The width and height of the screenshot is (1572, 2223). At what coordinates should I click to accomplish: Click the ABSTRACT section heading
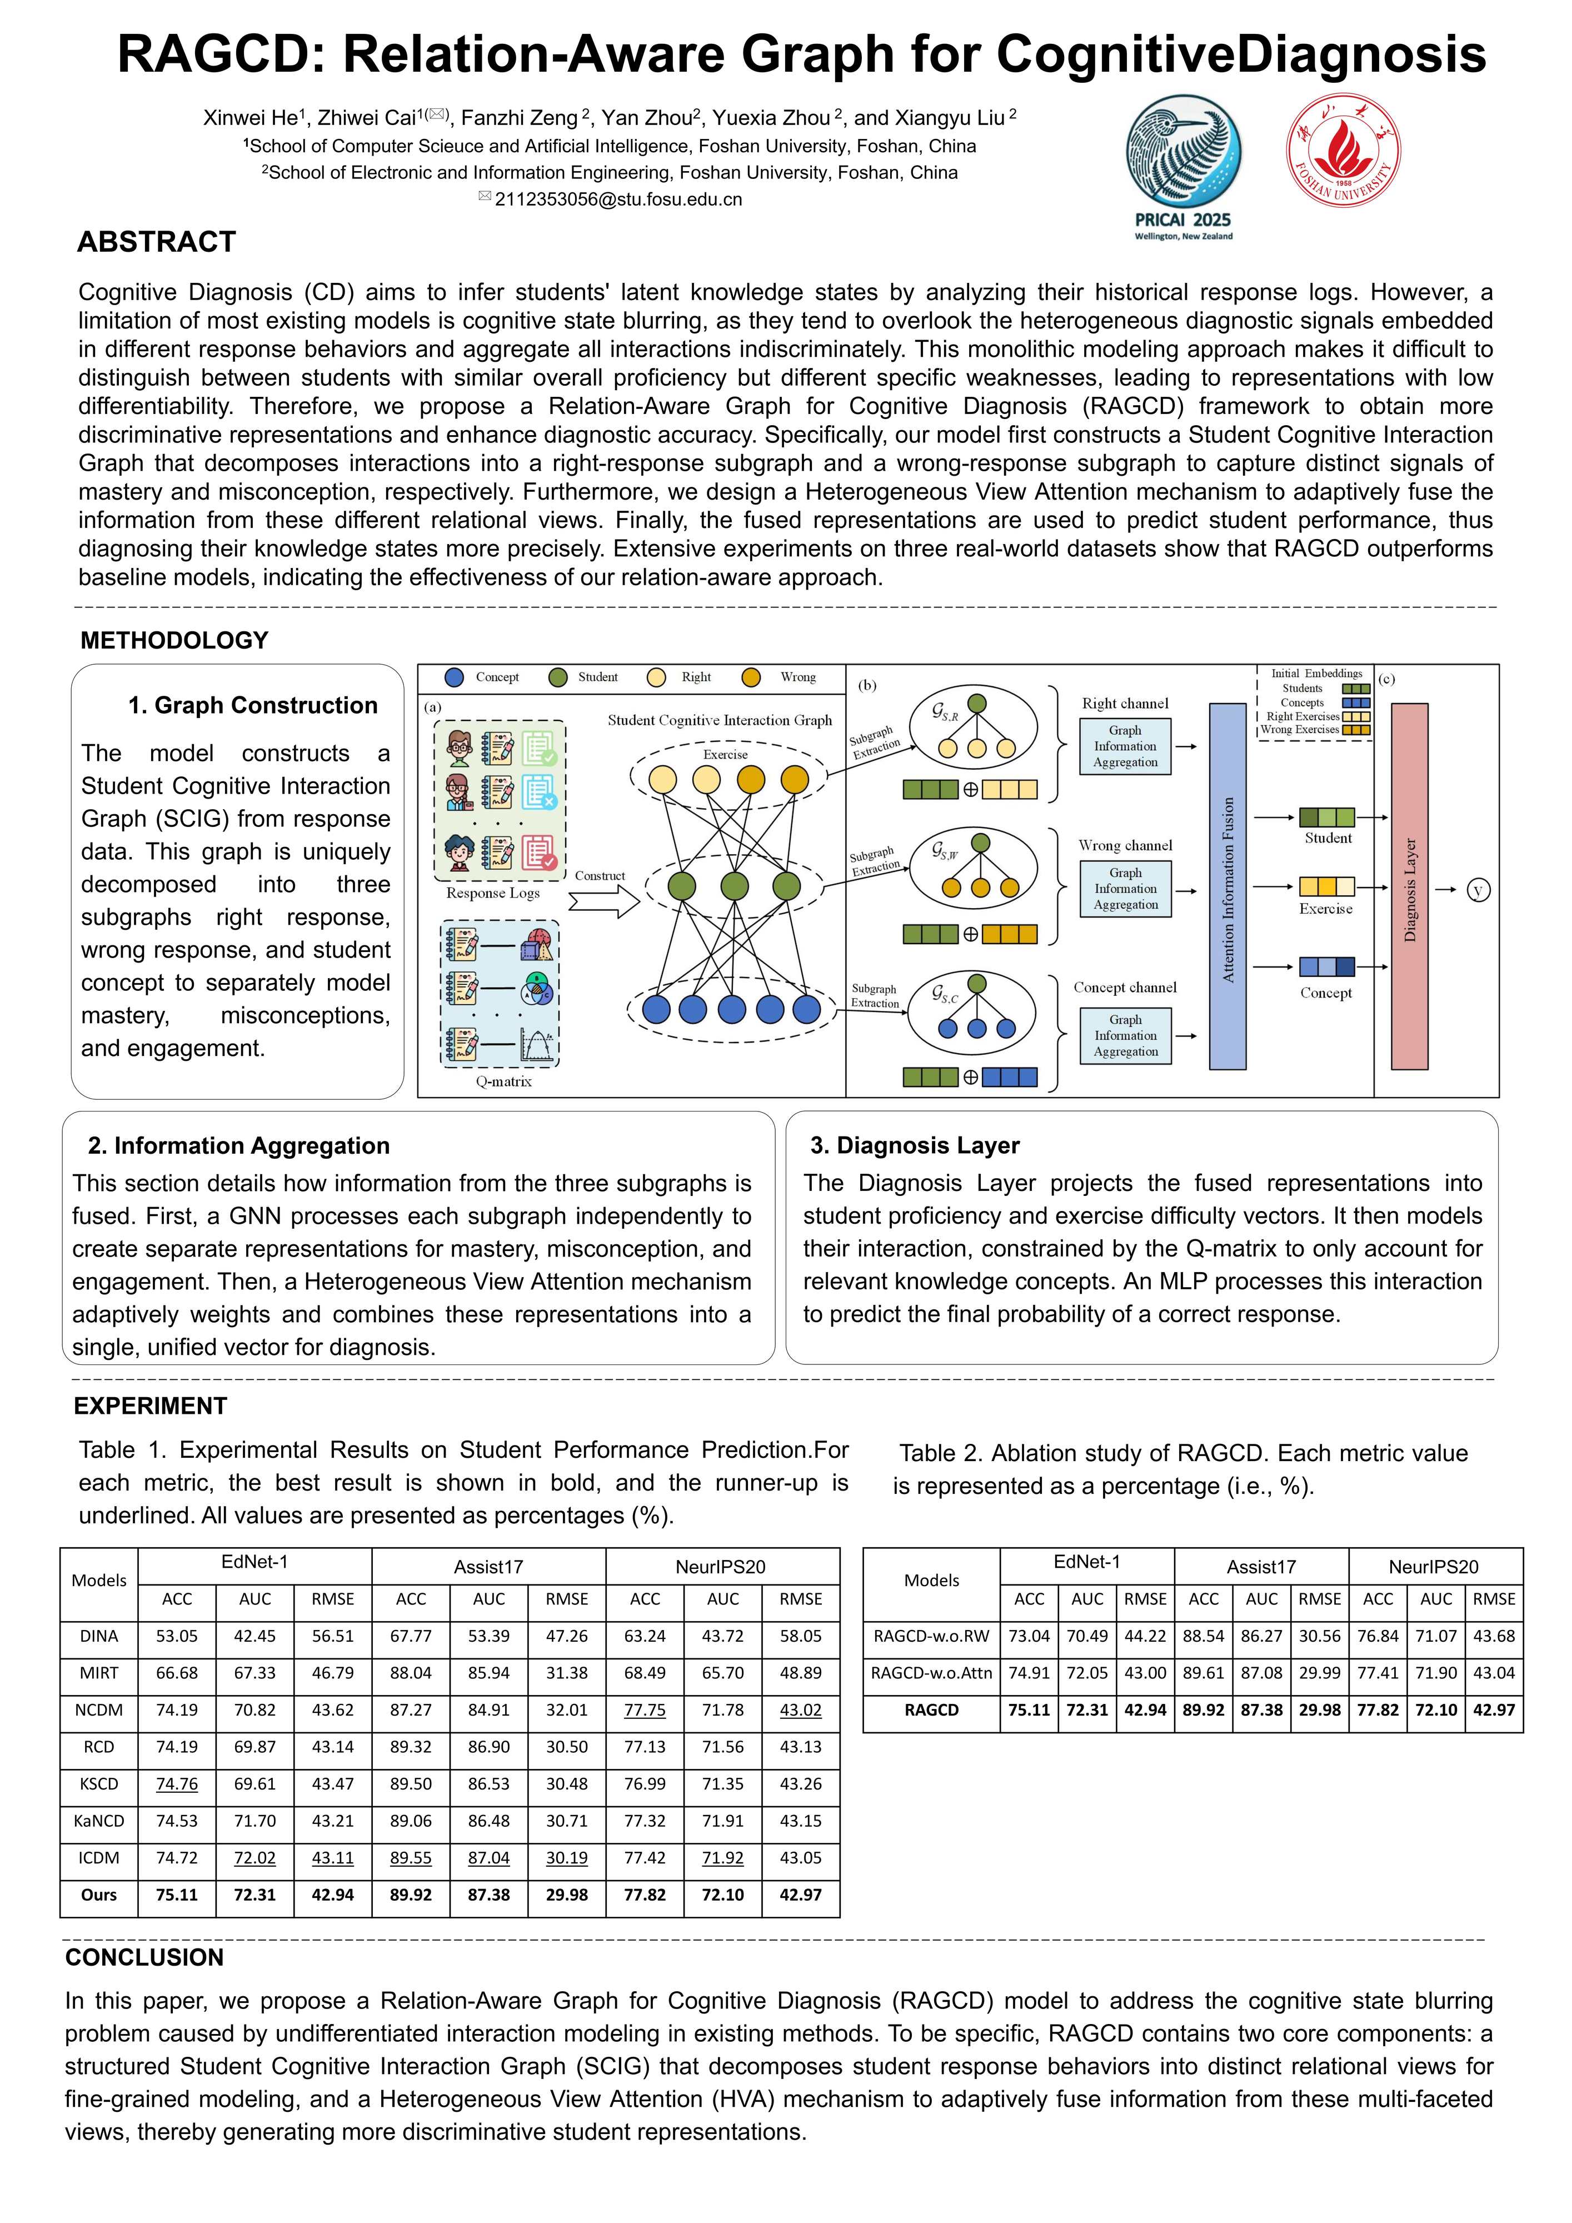pos(157,242)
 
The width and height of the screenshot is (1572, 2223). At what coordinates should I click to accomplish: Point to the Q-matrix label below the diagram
pos(503,1081)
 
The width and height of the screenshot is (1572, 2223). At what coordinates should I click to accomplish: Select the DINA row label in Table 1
pos(99,1636)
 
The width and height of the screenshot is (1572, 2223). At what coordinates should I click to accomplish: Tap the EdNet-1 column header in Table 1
pos(254,1562)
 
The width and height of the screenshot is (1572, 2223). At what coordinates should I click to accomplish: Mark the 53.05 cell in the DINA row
pos(177,1636)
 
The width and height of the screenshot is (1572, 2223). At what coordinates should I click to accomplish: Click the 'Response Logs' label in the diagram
pos(493,893)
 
